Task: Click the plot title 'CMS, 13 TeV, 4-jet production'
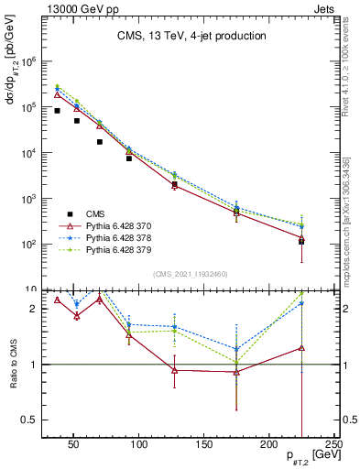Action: pos(191,37)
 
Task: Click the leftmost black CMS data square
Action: pos(57,111)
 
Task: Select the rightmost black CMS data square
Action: pos(301,242)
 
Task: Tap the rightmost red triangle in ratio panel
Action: pos(301,348)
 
